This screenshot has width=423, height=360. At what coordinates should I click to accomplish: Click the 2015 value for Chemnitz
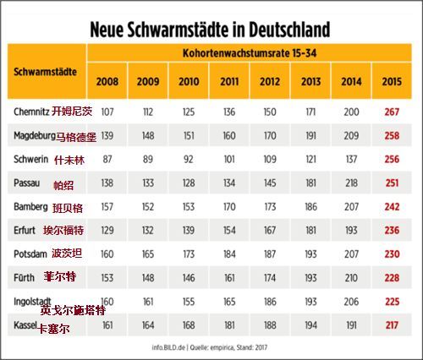point(392,112)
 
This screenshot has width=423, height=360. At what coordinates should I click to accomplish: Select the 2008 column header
point(107,81)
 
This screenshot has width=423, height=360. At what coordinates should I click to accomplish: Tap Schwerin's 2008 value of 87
point(107,159)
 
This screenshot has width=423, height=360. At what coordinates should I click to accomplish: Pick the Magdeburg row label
point(35,136)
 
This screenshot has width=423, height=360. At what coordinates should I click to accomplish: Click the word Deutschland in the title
point(289,30)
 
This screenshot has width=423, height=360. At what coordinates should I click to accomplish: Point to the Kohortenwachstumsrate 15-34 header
point(250,53)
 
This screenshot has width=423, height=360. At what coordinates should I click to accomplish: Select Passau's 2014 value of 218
point(351,183)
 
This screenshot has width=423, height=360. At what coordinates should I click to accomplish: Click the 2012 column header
point(270,81)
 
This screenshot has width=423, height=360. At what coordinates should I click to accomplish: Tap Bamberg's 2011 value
point(229,207)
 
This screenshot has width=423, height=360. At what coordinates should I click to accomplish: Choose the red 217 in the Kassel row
point(392,325)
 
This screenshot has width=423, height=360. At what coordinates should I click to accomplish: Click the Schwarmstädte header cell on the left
point(45,72)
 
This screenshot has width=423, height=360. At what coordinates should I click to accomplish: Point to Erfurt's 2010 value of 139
point(189,231)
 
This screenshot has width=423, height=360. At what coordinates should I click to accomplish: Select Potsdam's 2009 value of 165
point(148,254)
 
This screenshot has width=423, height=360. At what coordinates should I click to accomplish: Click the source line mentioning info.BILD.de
point(210,347)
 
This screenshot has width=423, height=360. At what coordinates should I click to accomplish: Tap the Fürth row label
point(24,278)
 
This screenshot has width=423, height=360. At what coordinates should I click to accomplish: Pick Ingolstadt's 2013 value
point(310,302)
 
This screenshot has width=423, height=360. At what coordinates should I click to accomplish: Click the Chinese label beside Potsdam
point(67,254)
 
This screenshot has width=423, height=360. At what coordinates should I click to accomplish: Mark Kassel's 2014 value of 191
point(351,325)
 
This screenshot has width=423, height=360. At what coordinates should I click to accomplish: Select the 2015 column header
point(392,81)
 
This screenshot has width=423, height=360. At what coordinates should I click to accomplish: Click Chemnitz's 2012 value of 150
point(270,112)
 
